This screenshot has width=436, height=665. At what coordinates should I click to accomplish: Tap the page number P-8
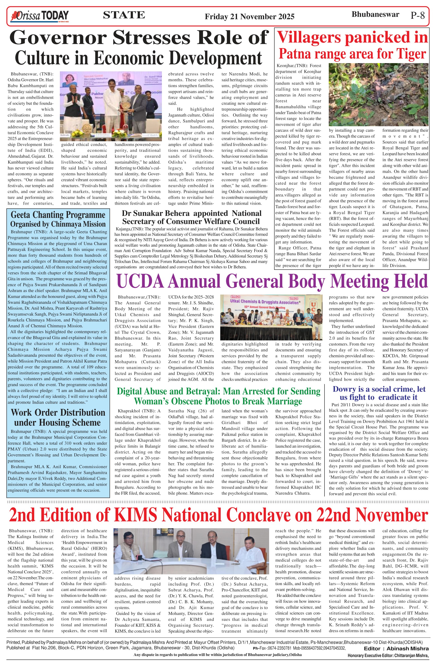point(417,15)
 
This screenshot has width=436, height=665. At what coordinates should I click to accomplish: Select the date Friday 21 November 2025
point(249,17)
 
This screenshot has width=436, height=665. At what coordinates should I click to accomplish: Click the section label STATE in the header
point(124,15)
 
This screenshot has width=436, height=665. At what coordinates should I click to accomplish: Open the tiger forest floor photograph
point(378,94)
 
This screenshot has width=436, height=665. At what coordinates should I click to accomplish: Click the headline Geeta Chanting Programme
point(58,215)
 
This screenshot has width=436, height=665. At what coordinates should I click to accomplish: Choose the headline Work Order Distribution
point(58,413)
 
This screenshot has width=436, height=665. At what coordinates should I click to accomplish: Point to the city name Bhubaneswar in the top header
point(375,15)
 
